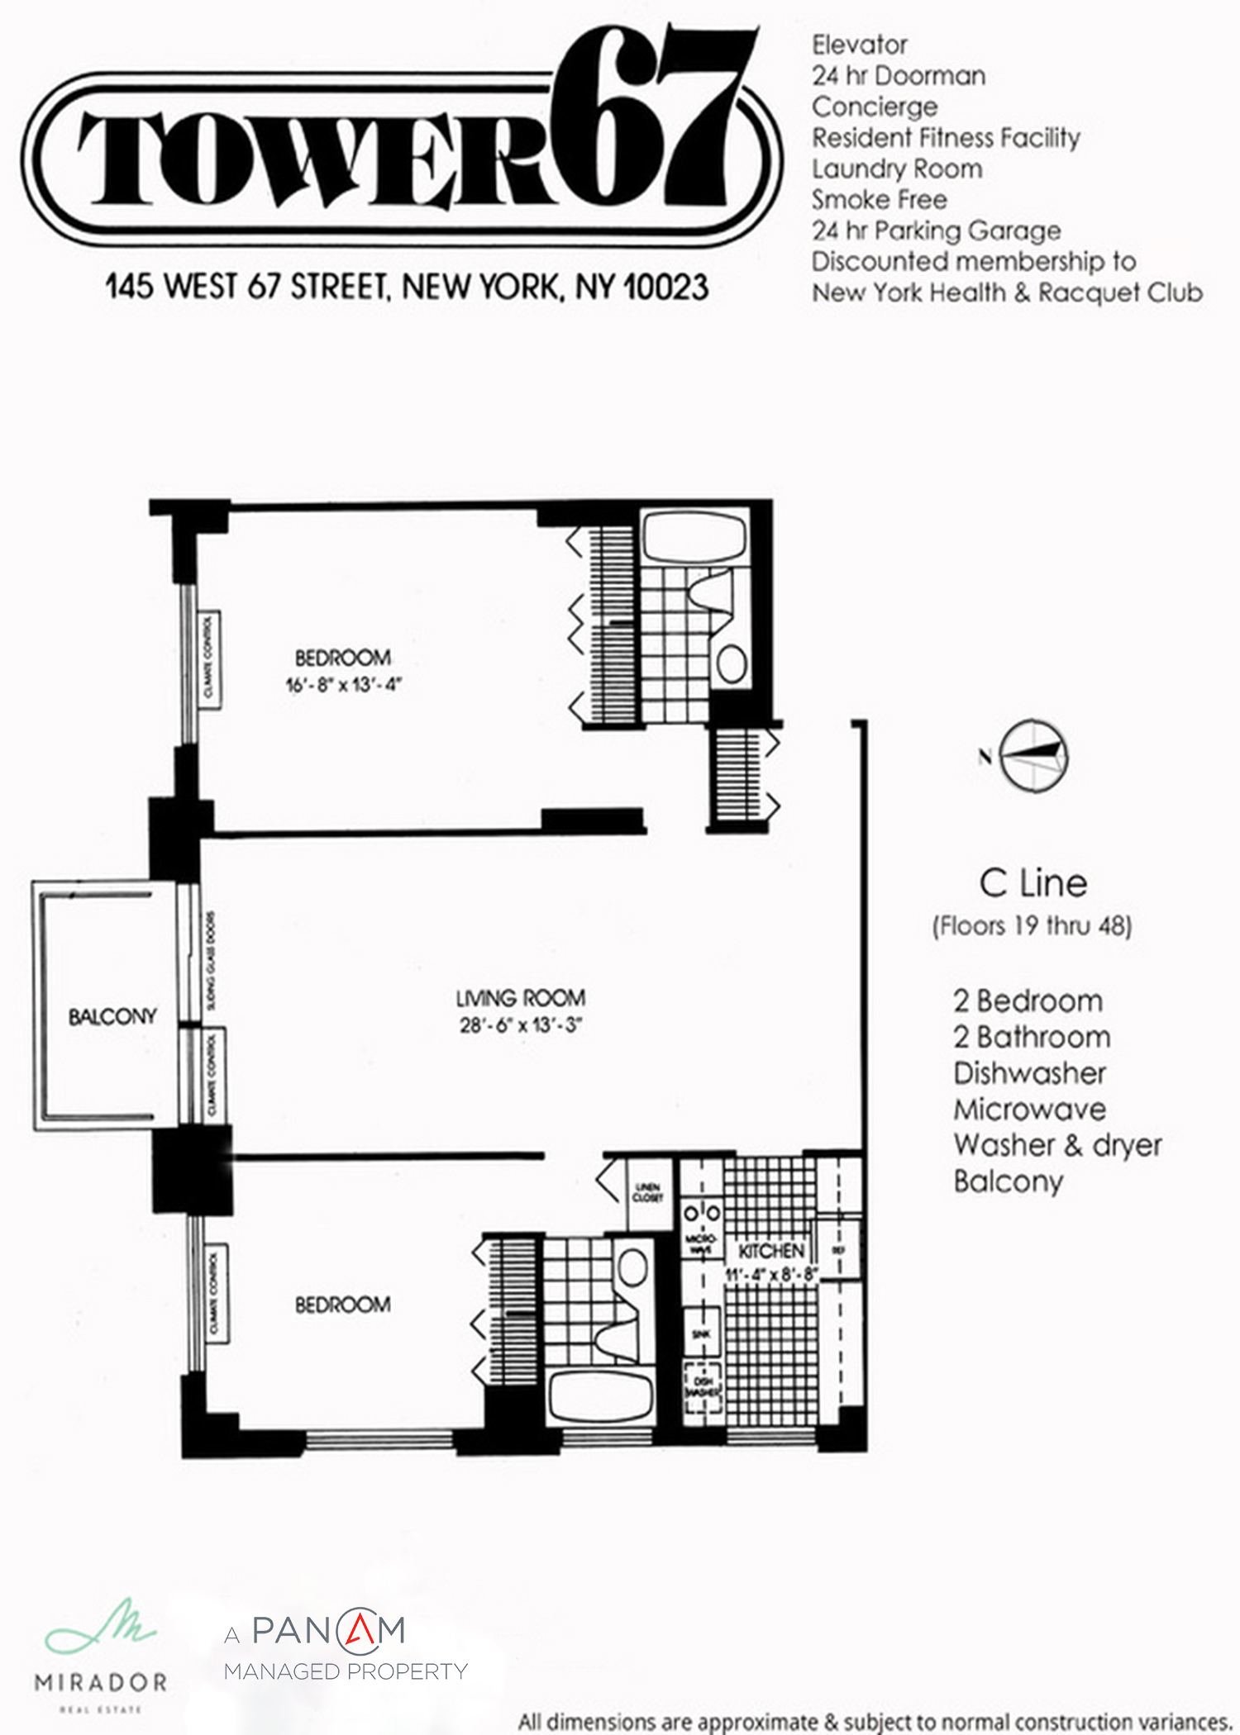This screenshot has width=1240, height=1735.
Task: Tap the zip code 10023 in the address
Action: (x=665, y=287)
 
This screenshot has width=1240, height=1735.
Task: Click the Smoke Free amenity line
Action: (x=879, y=200)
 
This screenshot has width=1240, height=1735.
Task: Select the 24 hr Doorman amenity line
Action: (x=899, y=76)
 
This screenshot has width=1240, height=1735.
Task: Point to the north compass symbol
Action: (x=1033, y=756)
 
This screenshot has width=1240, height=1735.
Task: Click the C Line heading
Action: (x=1033, y=883)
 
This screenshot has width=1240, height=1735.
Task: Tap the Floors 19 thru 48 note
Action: (x=1032, y=925)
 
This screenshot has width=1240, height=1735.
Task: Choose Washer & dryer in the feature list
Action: (x=1057, y=1145)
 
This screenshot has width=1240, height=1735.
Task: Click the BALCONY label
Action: (x=112, y=1016)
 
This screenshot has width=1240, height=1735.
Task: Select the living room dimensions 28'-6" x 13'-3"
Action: (x=521, y=1025)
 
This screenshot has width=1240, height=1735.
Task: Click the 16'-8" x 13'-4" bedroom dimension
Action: (x=343, y=685)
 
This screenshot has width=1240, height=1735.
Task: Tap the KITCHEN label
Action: (x=770, y=1251)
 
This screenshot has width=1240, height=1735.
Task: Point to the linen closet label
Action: (x=647, y=1192)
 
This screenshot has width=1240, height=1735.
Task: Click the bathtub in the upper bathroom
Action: (x=694, y=537)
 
